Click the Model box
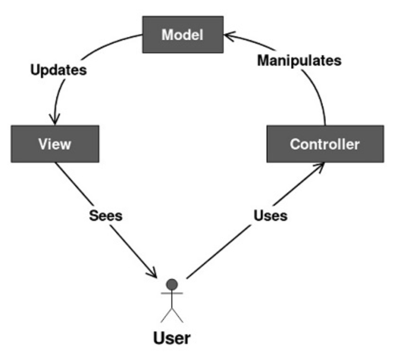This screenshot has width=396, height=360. coord(183,34)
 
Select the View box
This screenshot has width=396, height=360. coord(55,144)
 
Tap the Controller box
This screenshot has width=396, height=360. coord(325,144)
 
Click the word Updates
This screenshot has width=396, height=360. coord(59,70)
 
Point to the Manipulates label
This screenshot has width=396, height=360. coord(299,60)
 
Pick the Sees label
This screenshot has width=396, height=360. coord(106,215)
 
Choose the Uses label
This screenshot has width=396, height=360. coord(270,215)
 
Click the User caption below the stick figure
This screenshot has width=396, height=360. coord(172,338)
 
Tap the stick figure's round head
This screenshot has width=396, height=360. coord(172,284)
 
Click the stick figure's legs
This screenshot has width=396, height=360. coord(172,314)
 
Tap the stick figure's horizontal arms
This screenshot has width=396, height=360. coord(172,294)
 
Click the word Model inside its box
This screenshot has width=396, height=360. coord(182,35)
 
